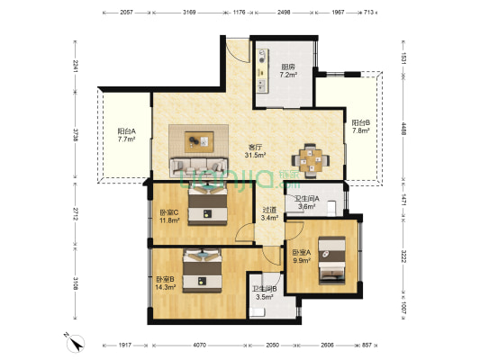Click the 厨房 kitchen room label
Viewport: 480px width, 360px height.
pos(288,67)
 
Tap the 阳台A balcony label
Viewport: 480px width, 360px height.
pos(126,131)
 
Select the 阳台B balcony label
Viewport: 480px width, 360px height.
pos(360,123)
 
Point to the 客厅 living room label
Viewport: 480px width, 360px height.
pos(255,148)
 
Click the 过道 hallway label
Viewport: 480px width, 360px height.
pos(269,210)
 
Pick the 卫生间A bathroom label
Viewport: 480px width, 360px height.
pos(307,199)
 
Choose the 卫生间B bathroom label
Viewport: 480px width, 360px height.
pos(265,288)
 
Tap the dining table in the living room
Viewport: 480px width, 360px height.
pos(311,160)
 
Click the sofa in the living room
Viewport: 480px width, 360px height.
pos(199,167)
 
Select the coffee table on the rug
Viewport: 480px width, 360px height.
pos(199,141)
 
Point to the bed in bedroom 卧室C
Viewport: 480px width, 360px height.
pos(207,203)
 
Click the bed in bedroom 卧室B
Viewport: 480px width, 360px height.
pos(203,271)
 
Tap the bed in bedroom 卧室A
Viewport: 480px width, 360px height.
pos(331,260)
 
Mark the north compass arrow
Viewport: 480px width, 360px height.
pos(76,342)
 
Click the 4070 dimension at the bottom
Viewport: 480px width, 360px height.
pos(199,345)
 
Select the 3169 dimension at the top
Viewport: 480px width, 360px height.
pos(189,13)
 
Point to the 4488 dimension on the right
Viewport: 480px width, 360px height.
pos(403,129)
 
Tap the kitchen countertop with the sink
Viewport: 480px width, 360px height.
pos(263,71)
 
